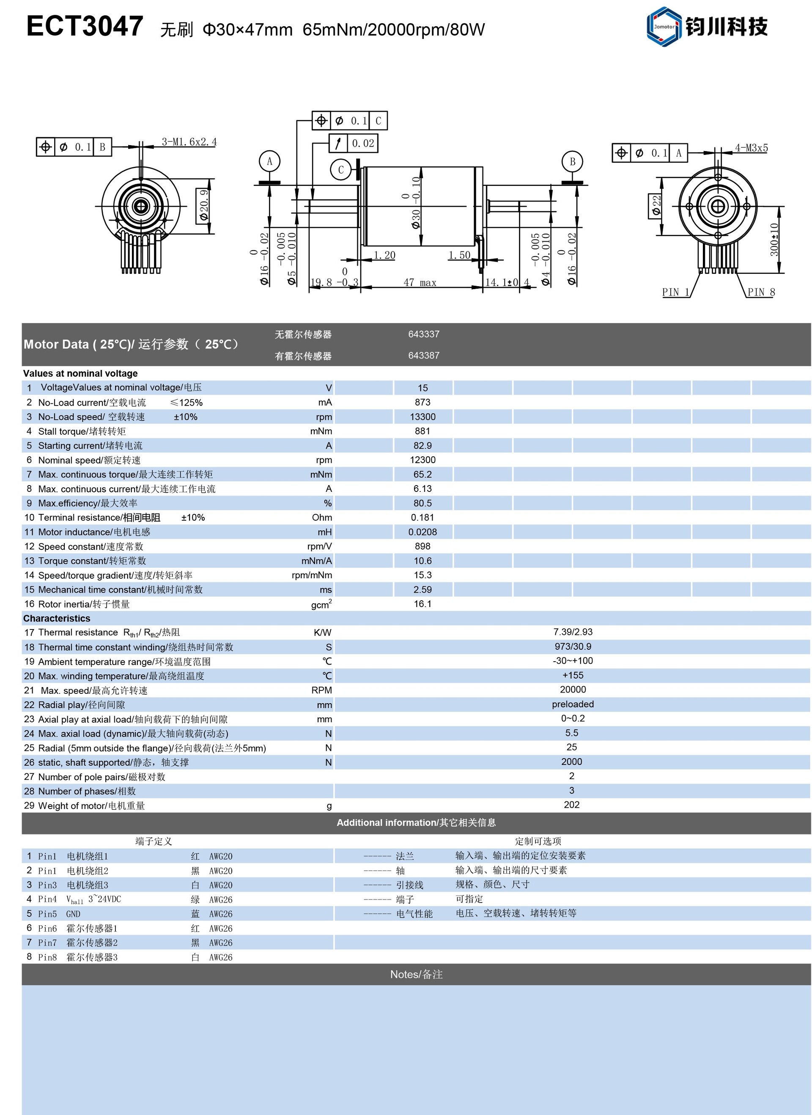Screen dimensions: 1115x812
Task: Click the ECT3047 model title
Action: (85, 27)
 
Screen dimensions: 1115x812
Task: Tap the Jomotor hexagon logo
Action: (664, 27)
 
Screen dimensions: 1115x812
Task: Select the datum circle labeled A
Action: (269, 161)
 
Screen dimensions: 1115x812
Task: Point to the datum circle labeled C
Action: (340, 170)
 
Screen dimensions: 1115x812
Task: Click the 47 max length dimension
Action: (420, 283)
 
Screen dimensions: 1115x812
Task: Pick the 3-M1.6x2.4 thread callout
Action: (189, 142)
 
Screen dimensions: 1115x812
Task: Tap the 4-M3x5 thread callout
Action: (751, 148)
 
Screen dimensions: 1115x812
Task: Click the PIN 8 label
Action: (761, 292)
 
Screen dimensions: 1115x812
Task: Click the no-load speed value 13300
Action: (423, 417)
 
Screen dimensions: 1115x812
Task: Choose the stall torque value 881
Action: (423, 431)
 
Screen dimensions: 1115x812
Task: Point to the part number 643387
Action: (424, 356)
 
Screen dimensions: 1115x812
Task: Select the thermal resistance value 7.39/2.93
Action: (573, 632)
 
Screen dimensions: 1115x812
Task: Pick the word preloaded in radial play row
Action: (573, 704)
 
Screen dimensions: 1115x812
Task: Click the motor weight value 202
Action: (572, 805)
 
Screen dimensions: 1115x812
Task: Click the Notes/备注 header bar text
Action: (416, 974)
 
